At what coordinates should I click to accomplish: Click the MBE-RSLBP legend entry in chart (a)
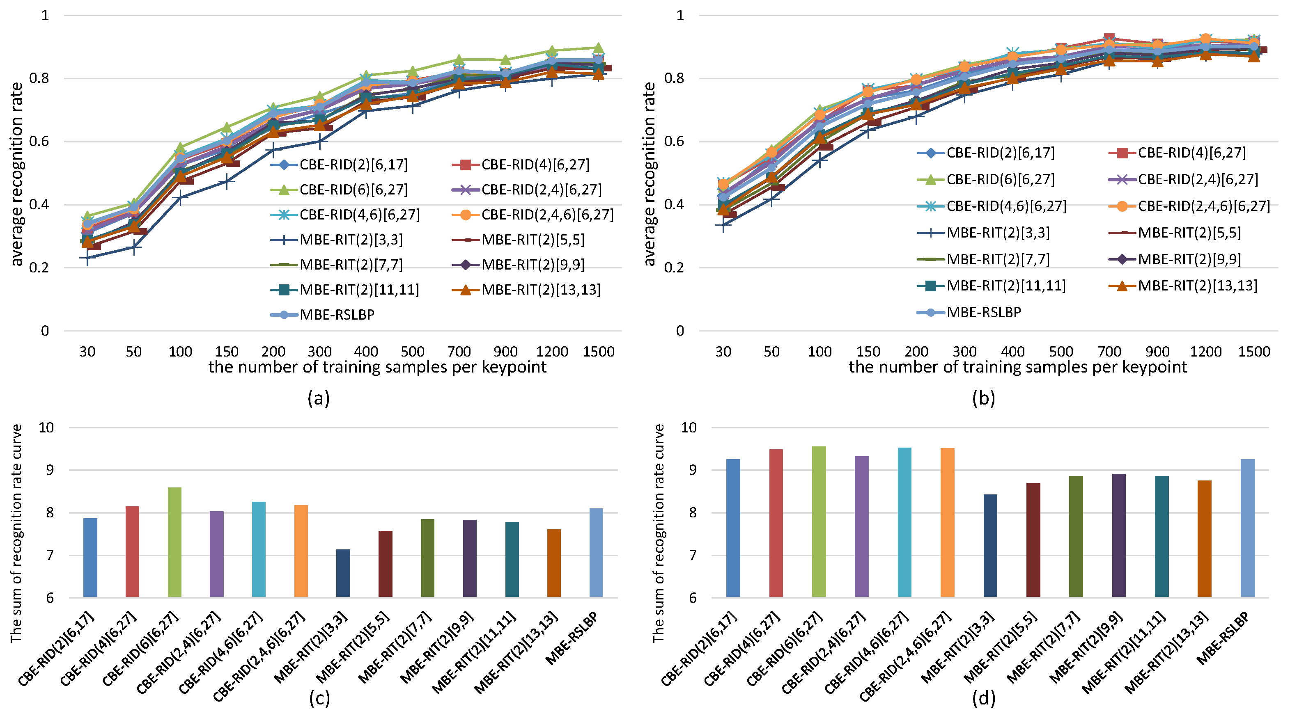(323, 315)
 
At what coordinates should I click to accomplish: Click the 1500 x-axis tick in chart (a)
(599, 352)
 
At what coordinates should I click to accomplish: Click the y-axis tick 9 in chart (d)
(693, 470)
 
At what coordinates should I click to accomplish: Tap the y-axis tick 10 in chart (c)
(46, 428)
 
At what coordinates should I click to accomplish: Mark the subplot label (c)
(319, 698)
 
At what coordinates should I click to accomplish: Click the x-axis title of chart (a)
(377, 367)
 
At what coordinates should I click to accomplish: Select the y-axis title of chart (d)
(658, 533)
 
